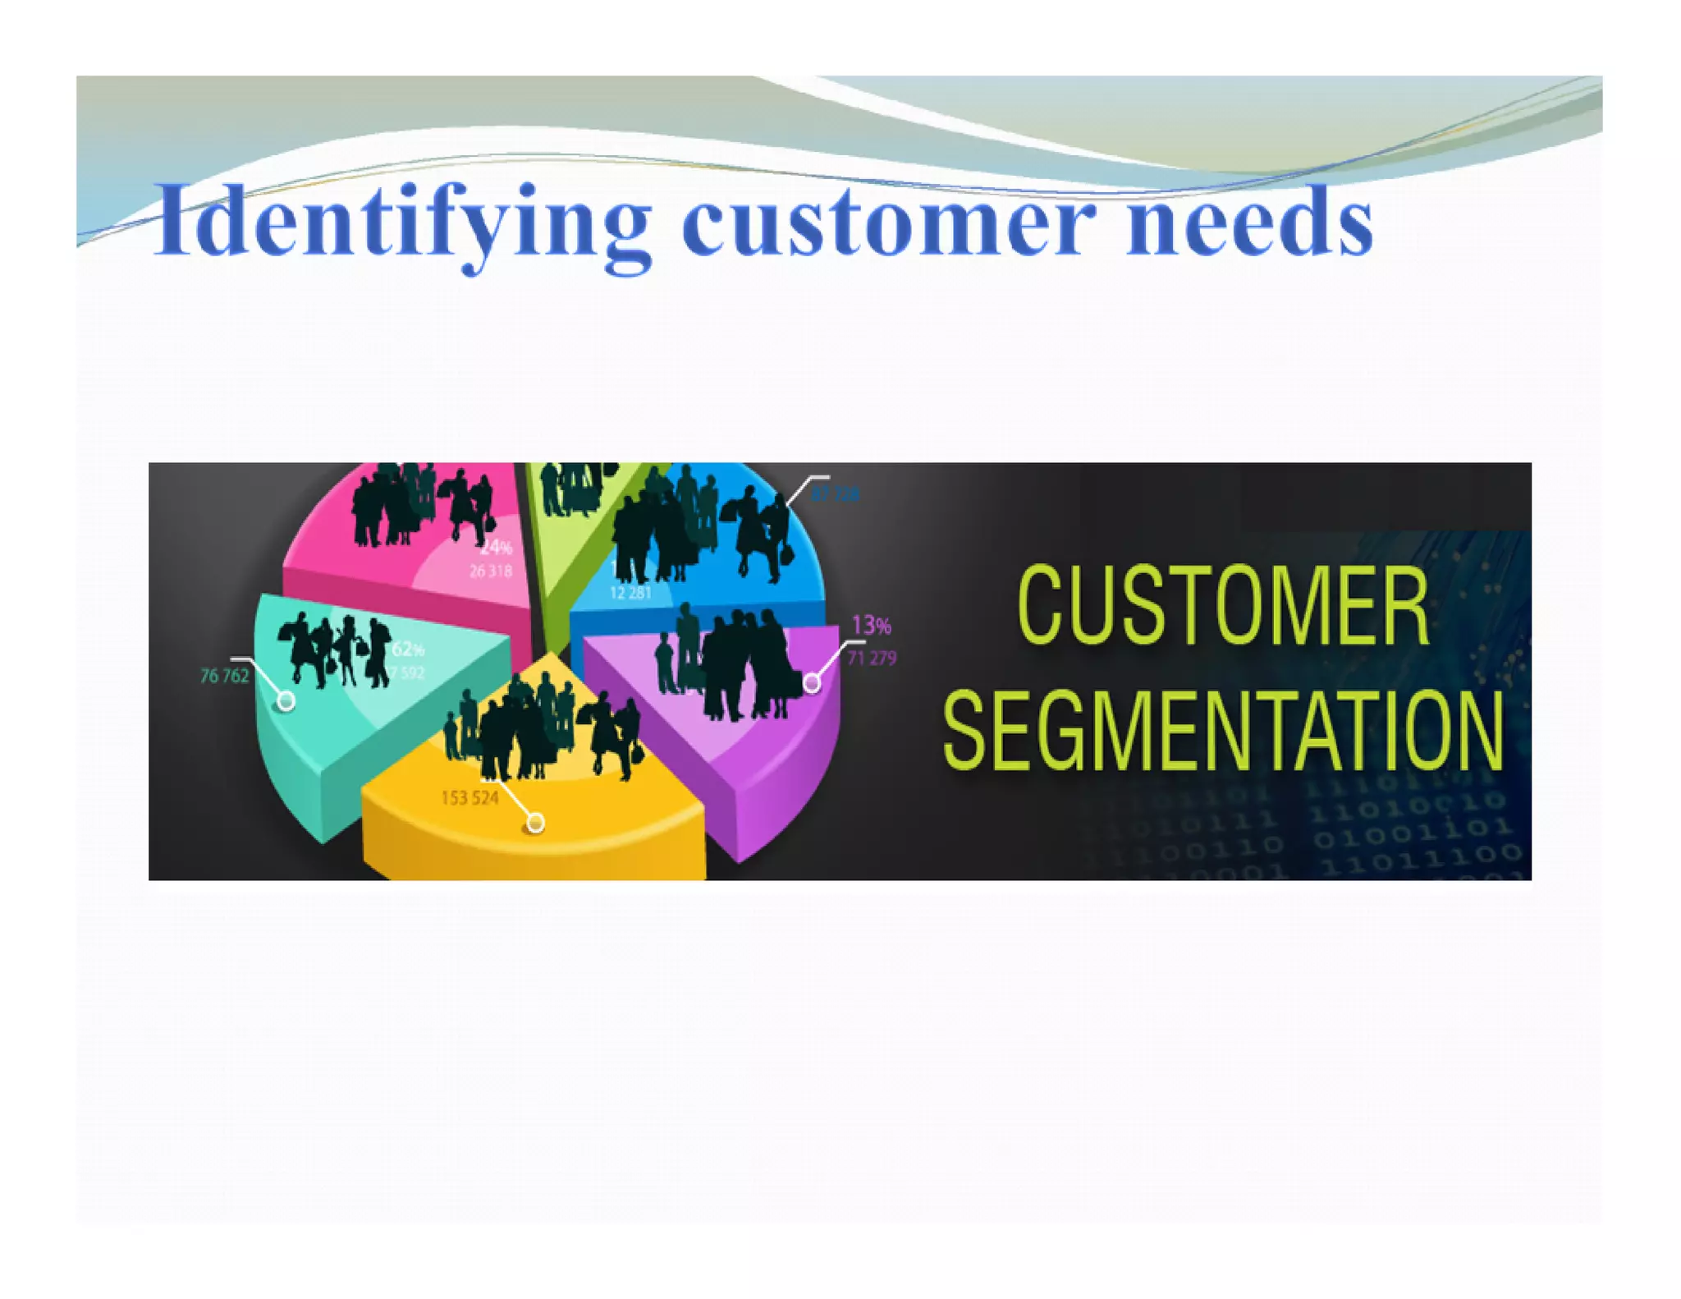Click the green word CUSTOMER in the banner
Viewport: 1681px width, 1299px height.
(x=1223, y=606)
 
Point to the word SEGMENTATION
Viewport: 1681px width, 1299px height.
(x=1223, y=730)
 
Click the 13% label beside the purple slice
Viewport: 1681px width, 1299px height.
(x=871, y=626)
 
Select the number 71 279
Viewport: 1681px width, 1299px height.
(x=872, y=658)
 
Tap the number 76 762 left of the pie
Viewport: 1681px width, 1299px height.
(x=224, y=676)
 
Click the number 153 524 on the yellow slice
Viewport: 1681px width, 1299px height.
(x=469, y=797)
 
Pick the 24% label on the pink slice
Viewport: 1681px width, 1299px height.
(x=496, y=547)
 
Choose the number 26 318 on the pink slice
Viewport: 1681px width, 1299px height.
(x=491, y=571)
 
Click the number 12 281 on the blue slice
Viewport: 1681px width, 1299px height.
(x=630, y=592)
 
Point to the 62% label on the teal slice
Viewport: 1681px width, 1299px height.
(x=408, y=649)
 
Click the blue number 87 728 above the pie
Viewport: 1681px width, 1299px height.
(x=836, y=494)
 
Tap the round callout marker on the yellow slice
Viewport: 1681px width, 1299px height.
(x=535, y=822)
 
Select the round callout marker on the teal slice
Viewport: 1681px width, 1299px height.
(x=286, y=701)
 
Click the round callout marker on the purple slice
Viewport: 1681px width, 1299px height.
(x=811, y=682)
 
